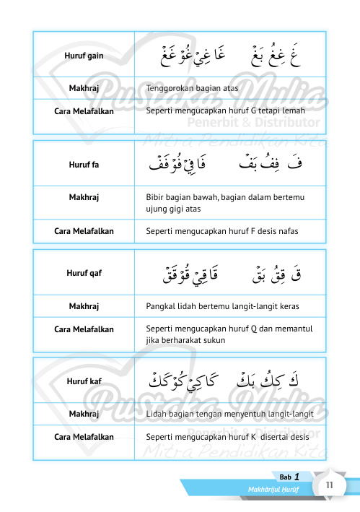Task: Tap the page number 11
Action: click(x=328, y=485)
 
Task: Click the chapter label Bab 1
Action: click(x=289, y=477)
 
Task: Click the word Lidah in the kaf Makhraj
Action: click(x=157, y=413)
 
